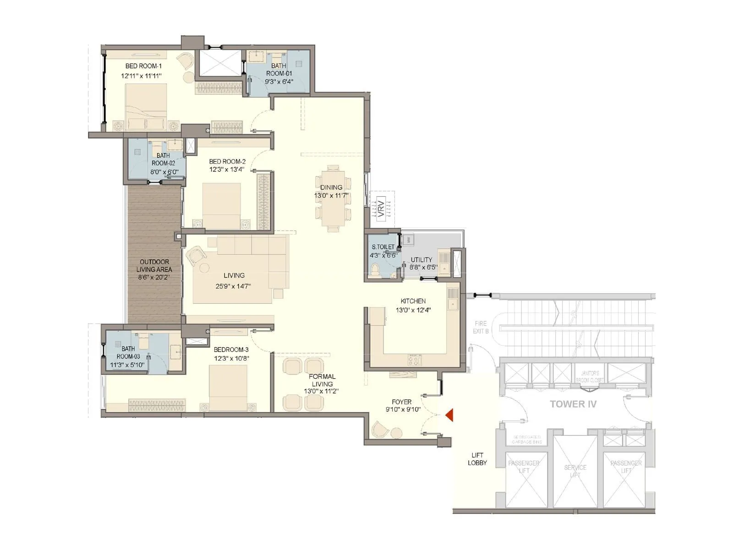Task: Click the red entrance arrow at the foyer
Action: [449, 415]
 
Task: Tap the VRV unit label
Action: [381, 208]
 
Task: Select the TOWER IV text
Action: [573, 404]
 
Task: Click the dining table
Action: [333, 198]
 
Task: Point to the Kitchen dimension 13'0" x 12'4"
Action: [413, 310]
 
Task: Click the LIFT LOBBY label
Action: [477, 459]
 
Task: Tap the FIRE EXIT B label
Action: [481, 327]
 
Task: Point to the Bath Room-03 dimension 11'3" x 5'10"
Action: [128, 365]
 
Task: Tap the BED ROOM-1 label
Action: [143, 66]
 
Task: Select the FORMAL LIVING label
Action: [322, 380]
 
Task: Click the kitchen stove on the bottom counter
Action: [414, 360]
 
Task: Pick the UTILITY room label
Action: [421, 259]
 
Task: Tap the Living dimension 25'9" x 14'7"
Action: [234, 286]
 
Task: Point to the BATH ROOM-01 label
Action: [279, 70]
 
